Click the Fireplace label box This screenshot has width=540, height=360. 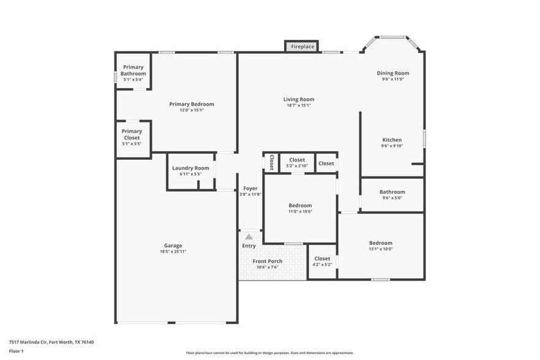[x=301, y=47]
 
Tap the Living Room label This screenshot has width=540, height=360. [x=299, y=99]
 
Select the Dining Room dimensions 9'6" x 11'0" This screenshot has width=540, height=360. [x=392, y=80]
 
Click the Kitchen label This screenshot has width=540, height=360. [x=392, y=140]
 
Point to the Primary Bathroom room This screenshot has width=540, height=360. [x=133, y=72]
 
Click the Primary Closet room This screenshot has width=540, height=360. [x=132, y=137]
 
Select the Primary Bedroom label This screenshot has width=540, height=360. [x=192, y=104]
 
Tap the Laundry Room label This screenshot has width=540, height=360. [x=190, y=168]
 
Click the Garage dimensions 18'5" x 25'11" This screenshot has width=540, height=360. [x=173, y=252]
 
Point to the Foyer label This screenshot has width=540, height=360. [x=250, y=188]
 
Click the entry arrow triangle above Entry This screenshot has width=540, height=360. [x=249, y=236]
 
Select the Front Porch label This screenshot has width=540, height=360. [x=267, y=261]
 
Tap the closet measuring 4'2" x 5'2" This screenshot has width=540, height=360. [x=322, y=261]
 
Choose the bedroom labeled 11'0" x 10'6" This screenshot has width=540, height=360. [x=300, y=208]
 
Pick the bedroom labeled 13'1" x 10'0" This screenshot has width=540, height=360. [x=380, y=246]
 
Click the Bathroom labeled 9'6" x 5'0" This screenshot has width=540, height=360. [x=392, y=195]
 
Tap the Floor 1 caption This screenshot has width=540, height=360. [x=16, y=351]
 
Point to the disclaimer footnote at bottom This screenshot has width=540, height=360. [x=269, y=353]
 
